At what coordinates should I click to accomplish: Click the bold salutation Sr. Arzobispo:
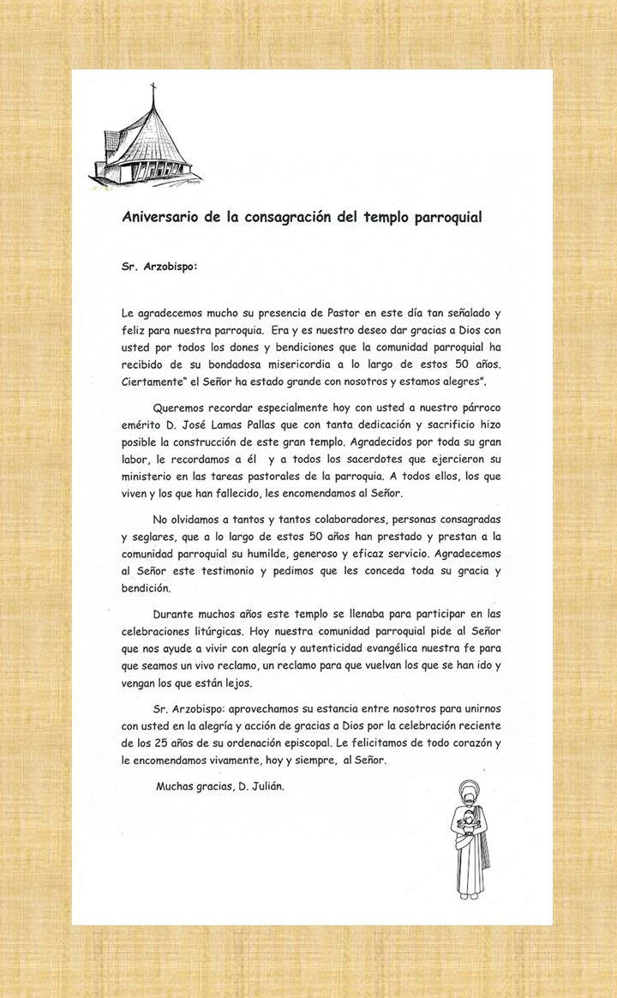pyautogui.click(x=159, y=266)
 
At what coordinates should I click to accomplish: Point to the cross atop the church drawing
pyautogui.click(x=154, y=88)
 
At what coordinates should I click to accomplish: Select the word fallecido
pyautogui.click(x=265, y=493)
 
